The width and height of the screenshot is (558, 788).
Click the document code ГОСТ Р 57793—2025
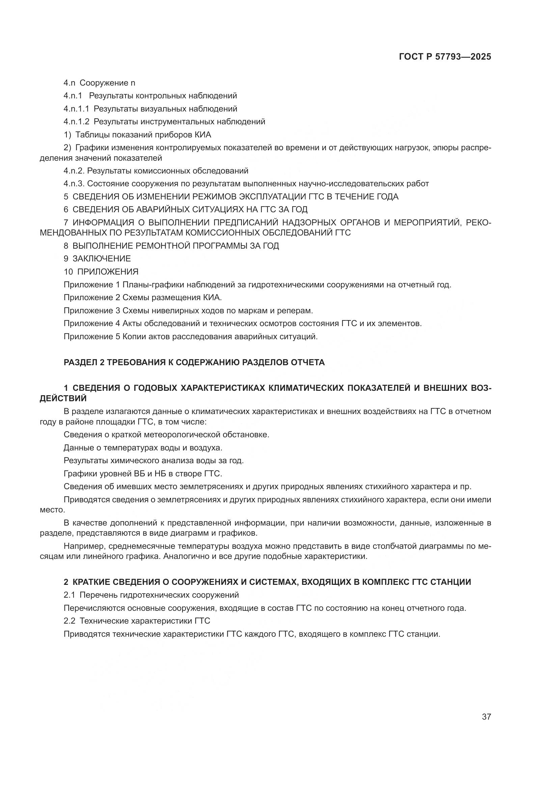pos(445,57)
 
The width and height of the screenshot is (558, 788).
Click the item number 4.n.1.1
pos(76,109)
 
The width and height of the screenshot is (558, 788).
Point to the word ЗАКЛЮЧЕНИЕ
pos(102,258)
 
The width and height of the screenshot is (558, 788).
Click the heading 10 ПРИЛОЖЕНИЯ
pos(101,272)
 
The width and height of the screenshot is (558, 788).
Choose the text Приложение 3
pos(88,311)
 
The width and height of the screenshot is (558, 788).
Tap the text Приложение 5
pos(88,336)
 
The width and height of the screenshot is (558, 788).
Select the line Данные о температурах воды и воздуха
pos(143,447)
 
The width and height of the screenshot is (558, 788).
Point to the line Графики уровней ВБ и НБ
pos(143,474)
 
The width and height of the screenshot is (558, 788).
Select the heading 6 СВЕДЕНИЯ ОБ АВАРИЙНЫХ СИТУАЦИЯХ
pos(186,209)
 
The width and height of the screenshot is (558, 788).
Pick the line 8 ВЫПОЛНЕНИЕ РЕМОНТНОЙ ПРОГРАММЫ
pos(171,246)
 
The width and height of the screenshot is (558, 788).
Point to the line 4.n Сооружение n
pos(99,83)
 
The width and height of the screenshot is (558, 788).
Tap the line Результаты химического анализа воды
pos(154,461)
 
